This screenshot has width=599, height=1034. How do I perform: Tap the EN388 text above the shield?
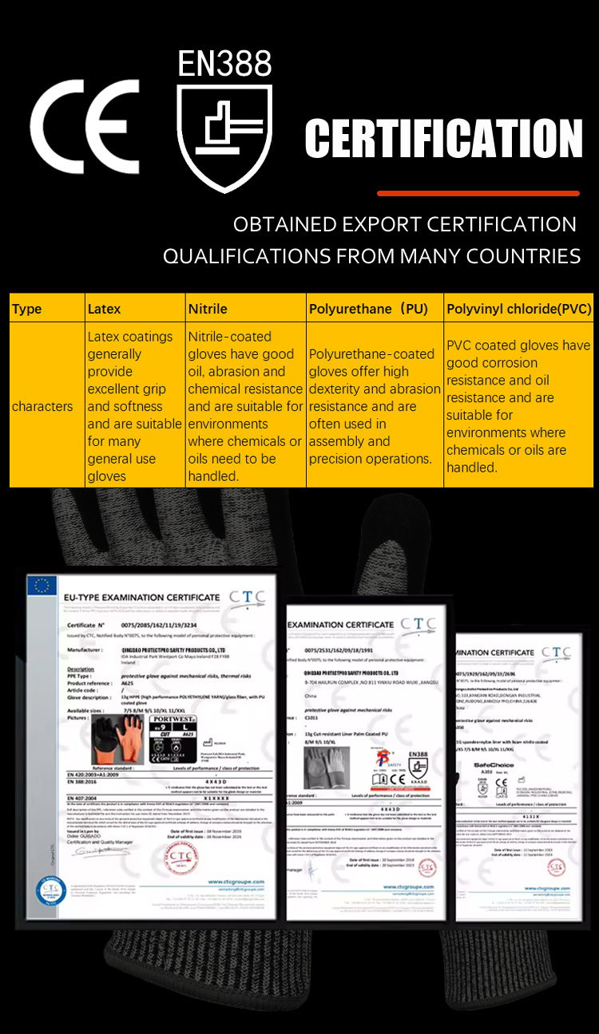tap(224, 64)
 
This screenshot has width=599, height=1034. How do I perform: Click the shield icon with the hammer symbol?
tap(224, 136)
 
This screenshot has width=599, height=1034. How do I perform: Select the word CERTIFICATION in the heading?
tap(443, 139)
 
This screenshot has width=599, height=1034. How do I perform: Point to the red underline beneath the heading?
tap(478, 193)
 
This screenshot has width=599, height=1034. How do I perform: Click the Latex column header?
tap(105, 309)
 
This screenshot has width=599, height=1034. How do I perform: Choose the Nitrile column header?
tap(208, 309)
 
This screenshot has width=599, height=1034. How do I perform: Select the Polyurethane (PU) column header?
tap(368, 309)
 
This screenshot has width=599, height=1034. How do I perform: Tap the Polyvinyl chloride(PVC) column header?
tap(518, 309)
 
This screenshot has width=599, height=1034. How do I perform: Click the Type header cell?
tap(27, 309)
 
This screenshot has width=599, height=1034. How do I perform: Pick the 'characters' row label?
tap(42, 406)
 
